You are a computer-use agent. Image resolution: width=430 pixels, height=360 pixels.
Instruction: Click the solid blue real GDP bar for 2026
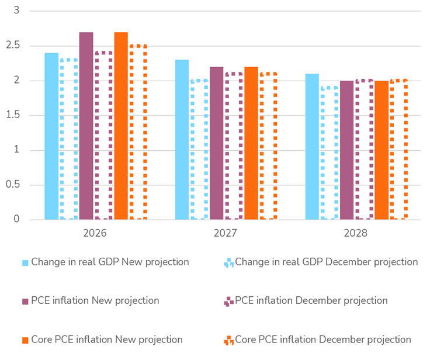coord(51,136)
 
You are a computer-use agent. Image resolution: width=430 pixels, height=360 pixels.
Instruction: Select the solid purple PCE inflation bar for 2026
coord(86,126)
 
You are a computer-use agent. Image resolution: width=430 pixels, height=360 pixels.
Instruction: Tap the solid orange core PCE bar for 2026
coord(121,126)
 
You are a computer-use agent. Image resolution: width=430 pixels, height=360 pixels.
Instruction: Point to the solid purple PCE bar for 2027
coord(216,143)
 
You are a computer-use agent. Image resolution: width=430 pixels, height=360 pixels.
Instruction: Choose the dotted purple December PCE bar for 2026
coord(103,136)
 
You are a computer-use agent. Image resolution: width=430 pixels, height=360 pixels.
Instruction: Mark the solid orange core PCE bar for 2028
coord(382,150)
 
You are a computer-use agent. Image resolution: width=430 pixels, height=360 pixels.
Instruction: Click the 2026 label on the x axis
coord(95,233)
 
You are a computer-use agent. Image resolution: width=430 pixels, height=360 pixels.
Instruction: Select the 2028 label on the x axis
coord(355,233)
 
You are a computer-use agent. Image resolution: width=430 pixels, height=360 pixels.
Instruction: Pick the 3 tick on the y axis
coord(16,11)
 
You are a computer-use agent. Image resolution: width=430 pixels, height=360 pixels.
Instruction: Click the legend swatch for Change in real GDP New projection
coord(25,262)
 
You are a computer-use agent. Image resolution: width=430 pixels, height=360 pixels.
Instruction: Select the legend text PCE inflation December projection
coord(311,300)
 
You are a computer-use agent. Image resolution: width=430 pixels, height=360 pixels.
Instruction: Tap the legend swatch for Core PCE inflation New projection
coord(25,340)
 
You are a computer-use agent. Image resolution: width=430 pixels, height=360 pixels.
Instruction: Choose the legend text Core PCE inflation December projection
coord(322,340)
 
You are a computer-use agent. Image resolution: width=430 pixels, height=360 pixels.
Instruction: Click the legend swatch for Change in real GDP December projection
coord(228,262)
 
